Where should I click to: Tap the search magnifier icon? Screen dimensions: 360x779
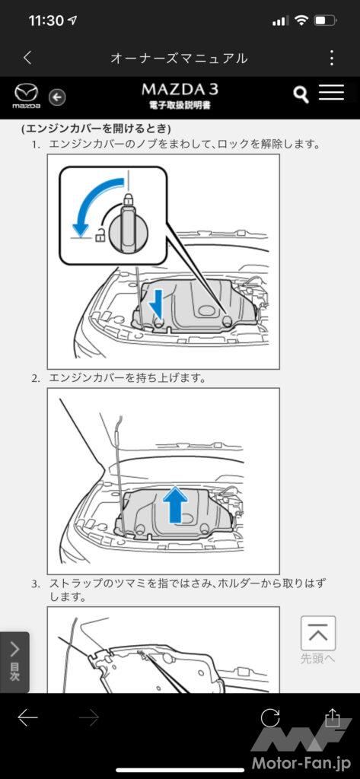click(x=301, y=94)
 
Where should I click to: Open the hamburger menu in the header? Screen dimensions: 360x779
click(x=332, y=92)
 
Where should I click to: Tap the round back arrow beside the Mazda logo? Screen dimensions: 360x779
click(x=57, y=97)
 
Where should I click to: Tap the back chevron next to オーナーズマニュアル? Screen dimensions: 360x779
click(x=28, y=58)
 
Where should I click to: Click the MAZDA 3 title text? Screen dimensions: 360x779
click(x=180, y=90)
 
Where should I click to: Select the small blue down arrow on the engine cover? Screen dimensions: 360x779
click(x=157, y=303)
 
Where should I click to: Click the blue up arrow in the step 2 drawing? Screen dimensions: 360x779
click(x=175, y=504)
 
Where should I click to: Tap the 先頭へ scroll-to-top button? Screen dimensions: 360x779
click(x=318, y=640)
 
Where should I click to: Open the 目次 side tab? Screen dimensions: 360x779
click(x=14, y=662)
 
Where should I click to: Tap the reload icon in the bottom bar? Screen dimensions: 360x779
click(x=270, y=717)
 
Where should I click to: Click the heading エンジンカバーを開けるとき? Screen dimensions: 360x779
click(x=96, y=129)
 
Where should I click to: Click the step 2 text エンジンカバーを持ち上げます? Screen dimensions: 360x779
click(x=127, y=378)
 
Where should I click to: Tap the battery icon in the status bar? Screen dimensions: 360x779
click(x=327, y=21)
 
